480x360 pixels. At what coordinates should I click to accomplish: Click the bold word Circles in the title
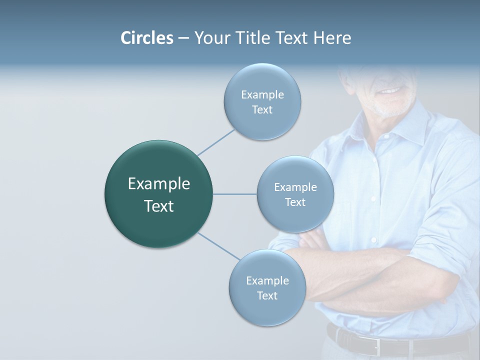click(146, 38)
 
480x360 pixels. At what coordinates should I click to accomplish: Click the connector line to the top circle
click(216, 142)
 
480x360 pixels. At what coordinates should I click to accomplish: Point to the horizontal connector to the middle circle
click(234, 194)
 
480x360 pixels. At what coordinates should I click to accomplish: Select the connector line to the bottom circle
click(219, 245)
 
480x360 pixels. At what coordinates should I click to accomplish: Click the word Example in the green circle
click(158, 184)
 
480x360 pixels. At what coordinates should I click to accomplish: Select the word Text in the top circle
click(262, 109)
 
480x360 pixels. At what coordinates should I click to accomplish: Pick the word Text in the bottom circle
click(267, 295)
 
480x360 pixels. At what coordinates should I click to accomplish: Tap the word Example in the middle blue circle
click(295, 187)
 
